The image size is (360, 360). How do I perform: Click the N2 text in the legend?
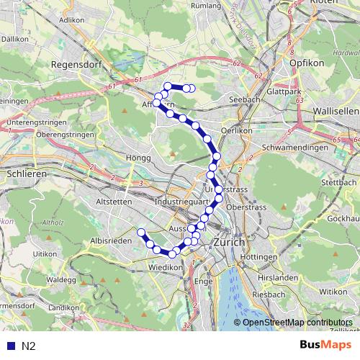(28, 346)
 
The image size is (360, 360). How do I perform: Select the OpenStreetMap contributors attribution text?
(297, 323)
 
